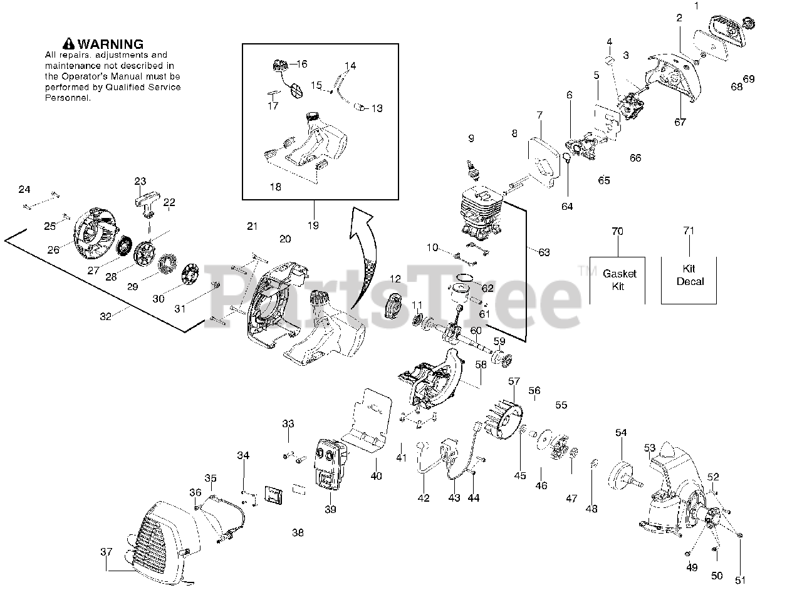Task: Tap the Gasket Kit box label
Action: [619, 280]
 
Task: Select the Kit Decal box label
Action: [689, 275]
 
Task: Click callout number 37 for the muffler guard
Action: [107, 552]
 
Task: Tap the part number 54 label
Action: [620, 433]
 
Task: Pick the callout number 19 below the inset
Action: [313, 225]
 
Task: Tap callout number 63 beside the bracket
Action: [544, 252]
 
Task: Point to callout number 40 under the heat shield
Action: [376, 476]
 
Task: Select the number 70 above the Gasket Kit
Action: [618, 231]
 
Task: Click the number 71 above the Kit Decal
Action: [689, 231]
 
